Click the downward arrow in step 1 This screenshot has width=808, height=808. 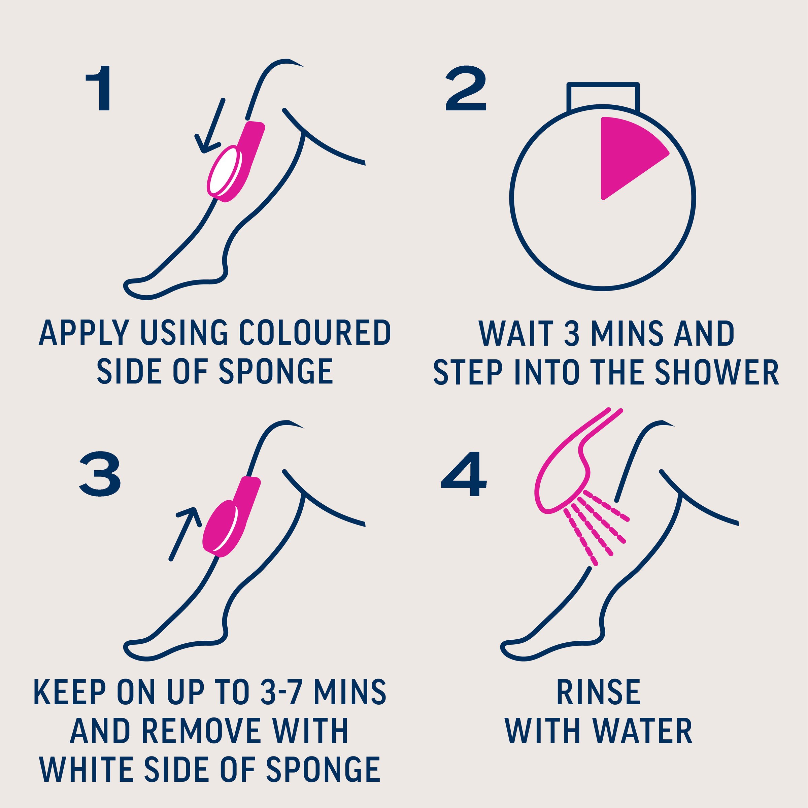click(x=210, y=126)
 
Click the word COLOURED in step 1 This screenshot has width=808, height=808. click(x=315, y=333)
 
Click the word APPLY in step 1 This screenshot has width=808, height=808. click(x=85, y=333)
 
